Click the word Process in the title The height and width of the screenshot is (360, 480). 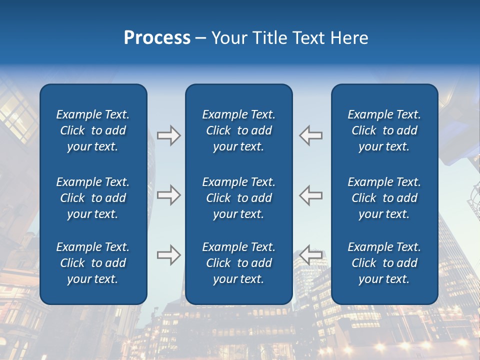click(x=157, y=38)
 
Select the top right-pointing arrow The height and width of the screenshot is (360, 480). click(x=168, y=135)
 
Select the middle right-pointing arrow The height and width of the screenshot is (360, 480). click(x=168, y=195)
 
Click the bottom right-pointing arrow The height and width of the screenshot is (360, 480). click(x=168, y=255)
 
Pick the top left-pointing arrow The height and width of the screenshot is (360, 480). click(x=311, y=135)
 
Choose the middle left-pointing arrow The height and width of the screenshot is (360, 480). click(x=311, y=195)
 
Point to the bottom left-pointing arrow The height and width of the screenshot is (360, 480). click(x=311, y=255)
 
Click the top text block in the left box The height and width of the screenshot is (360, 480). click(x=93, y=130)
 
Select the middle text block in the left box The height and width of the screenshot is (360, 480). click(x=93, y=198)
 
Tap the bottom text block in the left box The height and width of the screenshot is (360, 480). click(x=93, y=263)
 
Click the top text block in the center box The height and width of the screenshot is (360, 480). click(x=238, y=130)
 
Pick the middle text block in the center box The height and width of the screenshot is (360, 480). click(x=238, y=198)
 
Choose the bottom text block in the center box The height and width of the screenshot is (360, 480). click(x=238, y=263)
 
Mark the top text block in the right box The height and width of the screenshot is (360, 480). click(x=384, y=130)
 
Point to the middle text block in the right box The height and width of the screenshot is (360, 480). click(x=384, y=198)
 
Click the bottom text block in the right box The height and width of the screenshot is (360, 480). click(x=384, y=263)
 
